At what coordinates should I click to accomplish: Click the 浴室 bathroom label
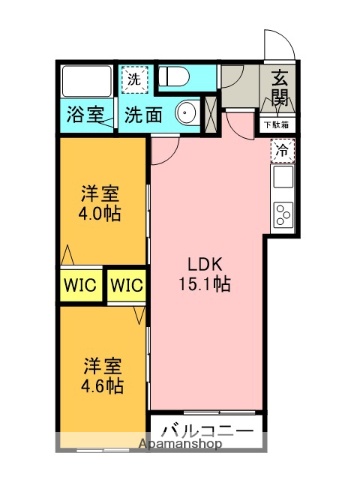(85, 114)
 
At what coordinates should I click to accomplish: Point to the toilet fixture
(176, 76)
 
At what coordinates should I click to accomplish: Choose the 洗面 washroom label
(143, 115)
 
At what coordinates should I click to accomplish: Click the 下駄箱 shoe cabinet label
(277, 125)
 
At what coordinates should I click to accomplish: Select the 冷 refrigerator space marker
(283, 150)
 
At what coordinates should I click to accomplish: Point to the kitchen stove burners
(283, 214)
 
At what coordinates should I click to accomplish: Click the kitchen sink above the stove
(283, 178)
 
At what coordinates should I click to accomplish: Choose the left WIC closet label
(81, 284)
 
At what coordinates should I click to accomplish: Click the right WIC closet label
(127, 284)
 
